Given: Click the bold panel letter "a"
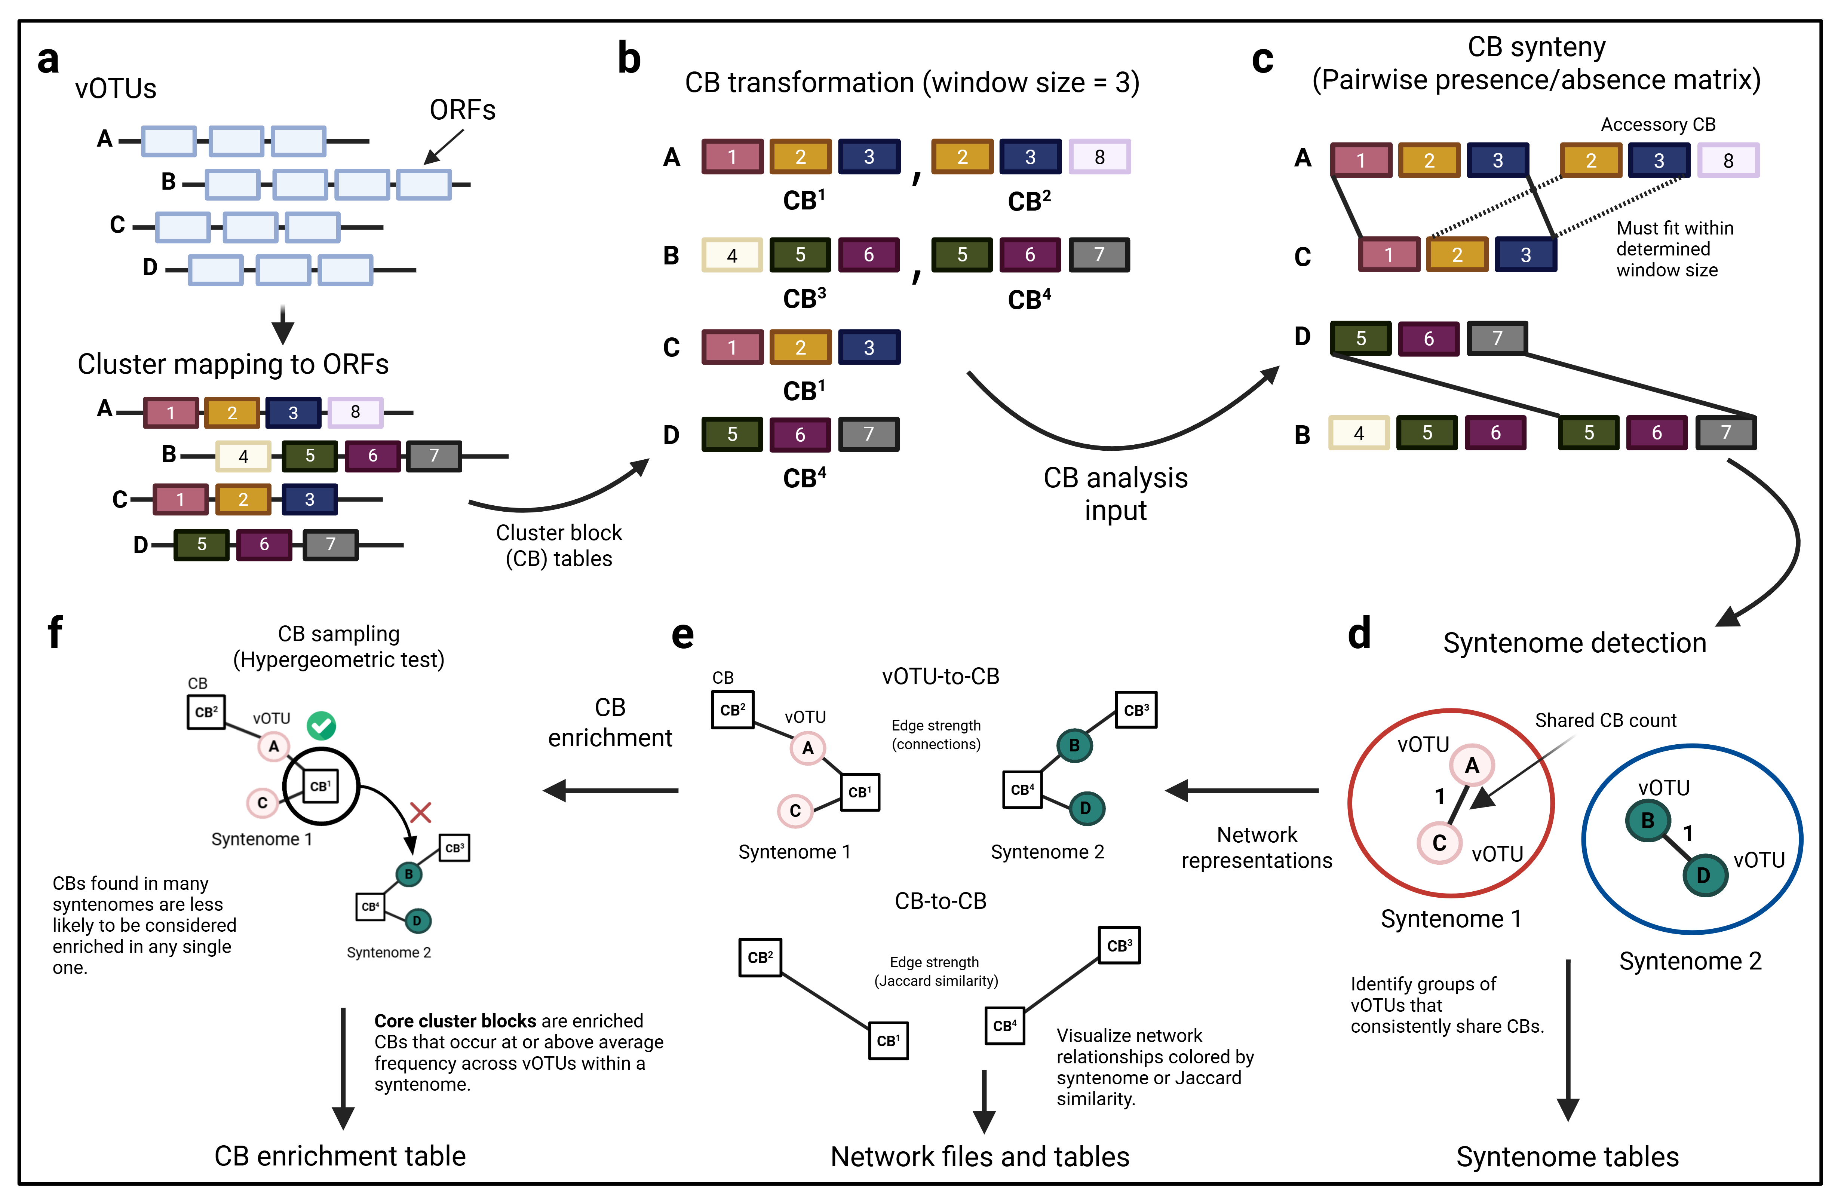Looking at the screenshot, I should [48, 61].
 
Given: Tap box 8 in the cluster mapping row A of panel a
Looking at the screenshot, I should [355, 412].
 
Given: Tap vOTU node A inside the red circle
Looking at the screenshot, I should [1471, 766].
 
